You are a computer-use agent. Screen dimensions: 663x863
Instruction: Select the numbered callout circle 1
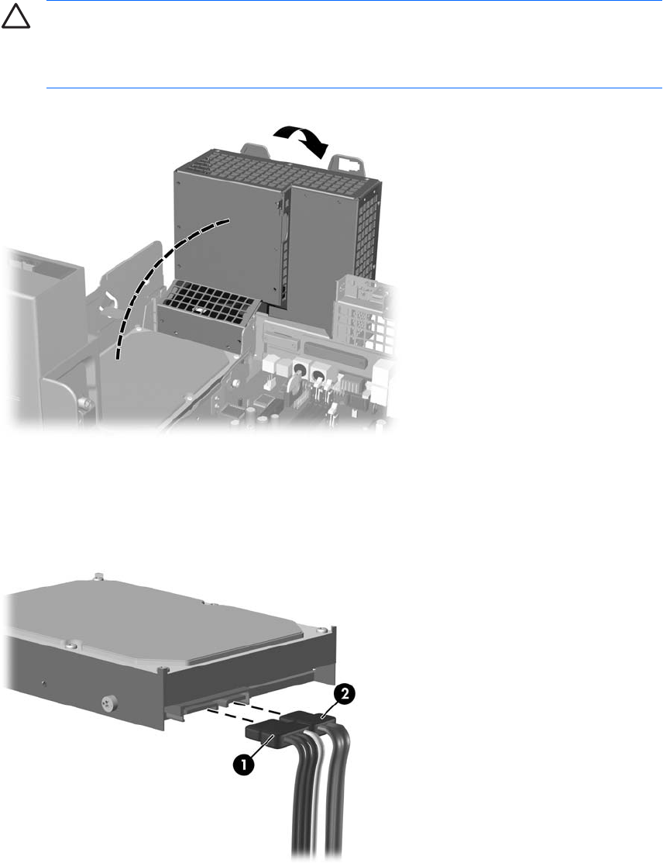pyautogui.click(x=243, y=765)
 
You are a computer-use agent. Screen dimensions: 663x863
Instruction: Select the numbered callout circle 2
pyautogui.click(x=344, y=696)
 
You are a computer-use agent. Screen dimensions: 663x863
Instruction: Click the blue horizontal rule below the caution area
pyautogui.click(x=354, y=88)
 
